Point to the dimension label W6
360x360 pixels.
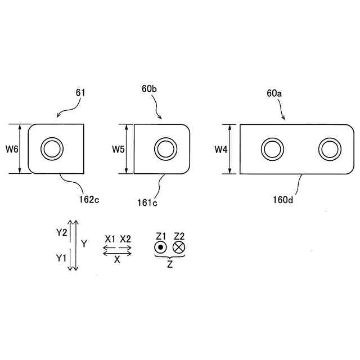[12, 149]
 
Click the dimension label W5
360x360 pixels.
[118, 149]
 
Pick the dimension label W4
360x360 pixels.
[222, 149]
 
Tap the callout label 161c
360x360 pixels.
[147, 202]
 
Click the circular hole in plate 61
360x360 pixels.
[52, 149]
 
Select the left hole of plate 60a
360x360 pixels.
[272, 149]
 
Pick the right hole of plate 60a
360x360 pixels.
[330, 149]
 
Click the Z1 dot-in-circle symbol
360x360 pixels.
[161, 247]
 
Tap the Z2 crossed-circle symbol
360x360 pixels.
[179, 247]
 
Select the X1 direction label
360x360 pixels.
[110, 238]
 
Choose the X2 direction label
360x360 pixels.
[125, 238]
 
